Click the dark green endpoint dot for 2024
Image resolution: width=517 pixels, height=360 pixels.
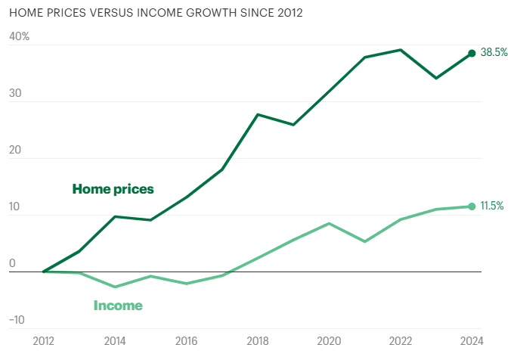472,53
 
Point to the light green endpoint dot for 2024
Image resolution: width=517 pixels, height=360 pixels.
472,206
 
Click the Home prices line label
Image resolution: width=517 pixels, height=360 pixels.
113,189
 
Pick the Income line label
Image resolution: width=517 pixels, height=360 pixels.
118,306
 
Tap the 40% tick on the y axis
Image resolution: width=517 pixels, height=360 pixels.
19,36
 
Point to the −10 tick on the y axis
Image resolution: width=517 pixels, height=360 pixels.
17,319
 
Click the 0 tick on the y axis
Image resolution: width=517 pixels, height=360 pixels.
12,263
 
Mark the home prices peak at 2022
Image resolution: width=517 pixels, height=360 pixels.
401,50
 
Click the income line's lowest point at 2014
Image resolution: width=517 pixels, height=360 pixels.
115,287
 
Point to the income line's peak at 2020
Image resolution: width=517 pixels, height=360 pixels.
329,223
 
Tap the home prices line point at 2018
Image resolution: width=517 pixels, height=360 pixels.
258,114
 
